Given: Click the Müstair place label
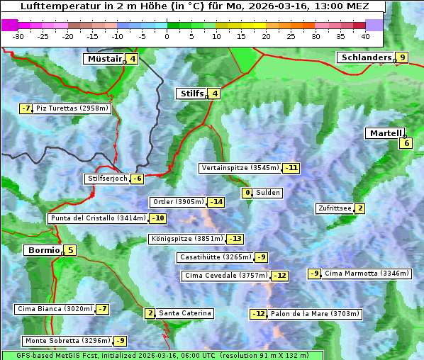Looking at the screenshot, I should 104,60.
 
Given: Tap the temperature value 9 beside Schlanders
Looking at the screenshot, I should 403,58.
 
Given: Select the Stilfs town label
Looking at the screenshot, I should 191,94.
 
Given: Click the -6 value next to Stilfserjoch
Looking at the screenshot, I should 137,179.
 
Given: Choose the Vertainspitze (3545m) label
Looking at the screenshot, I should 240,168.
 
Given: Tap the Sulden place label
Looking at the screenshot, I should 268,193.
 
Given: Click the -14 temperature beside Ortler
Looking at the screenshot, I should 216,202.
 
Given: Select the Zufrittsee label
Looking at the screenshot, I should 335,208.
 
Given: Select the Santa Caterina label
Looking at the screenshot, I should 184,313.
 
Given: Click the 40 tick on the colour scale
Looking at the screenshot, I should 365,35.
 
